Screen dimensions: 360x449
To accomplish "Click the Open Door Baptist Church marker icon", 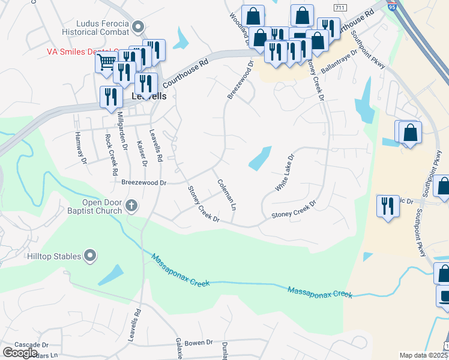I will click(x=132, y=207).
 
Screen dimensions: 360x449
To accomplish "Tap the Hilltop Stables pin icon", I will click(x=91, y=256).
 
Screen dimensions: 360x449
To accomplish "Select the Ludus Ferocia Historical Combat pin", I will click(x=139, y=26).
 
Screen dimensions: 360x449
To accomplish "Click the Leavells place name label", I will click(x=149, y=95).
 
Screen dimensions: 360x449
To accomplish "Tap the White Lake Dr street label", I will click(x=285, y=173).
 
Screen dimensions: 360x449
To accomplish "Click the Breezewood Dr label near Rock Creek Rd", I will click(x=143, y=182).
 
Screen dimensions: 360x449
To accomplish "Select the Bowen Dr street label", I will click(x=199, y=343).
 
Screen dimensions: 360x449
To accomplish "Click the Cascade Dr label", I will click(x=31, y=345).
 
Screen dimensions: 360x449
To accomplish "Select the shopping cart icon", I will click(x=106, y=62).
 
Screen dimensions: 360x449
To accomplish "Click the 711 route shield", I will click(x=340, y=7).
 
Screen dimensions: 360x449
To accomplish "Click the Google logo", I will click(x=20, y=353).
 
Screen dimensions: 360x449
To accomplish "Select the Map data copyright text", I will click(x=423, y=355).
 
